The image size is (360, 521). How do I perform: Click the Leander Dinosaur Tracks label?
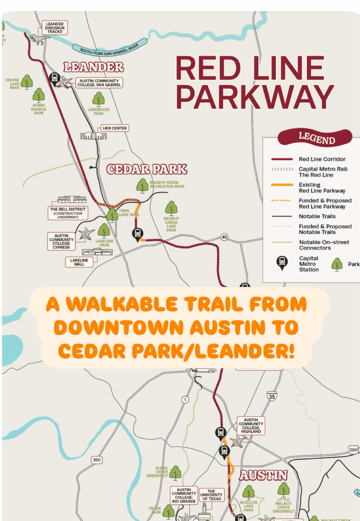click(55, 28)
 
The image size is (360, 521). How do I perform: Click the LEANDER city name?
click(93, 67)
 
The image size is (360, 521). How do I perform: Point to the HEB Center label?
click(115, 128)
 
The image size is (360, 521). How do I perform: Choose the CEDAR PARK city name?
click(147, 169)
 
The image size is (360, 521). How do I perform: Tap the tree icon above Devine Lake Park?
click(26, 82)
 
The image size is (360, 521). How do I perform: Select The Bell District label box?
click(68, 213)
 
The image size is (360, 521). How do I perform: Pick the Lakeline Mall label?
click(79, 262)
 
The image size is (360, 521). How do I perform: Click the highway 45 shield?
click(224, 237)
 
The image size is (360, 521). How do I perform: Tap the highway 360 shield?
click(97, 460)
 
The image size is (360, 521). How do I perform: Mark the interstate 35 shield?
click(272, 396)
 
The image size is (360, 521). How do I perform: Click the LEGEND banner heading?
click(316, 138)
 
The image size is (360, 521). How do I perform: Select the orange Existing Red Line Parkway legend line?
click(282, 185)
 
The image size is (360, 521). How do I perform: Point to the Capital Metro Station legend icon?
click(282, 263)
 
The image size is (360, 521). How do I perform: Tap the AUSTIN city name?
click(263, 475)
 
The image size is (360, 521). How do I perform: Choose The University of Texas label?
click(211, 495)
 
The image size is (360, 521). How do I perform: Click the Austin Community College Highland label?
click(251, 426)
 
